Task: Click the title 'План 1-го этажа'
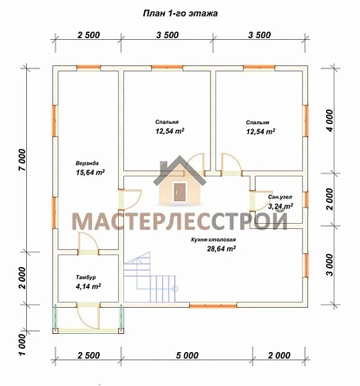click(180, 13)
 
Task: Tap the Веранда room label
click(87, 163)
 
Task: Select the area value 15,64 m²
click(90, 173)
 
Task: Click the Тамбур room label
click(86, 278)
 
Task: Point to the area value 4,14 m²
click(87, 286)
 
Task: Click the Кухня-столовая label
click(213, 239)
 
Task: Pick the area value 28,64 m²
click(221, 249)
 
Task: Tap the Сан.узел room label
click(280, 197)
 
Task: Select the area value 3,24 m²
click(280, 206)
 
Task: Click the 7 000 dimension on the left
click(23, 160)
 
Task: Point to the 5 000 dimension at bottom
click(187, 355)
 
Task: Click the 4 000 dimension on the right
click(330, 121)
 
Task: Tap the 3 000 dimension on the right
click(330, 265)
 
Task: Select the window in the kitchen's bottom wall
click(213, 305)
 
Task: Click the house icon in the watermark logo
click(180, 180)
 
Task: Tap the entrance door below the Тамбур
click(88, 316)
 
